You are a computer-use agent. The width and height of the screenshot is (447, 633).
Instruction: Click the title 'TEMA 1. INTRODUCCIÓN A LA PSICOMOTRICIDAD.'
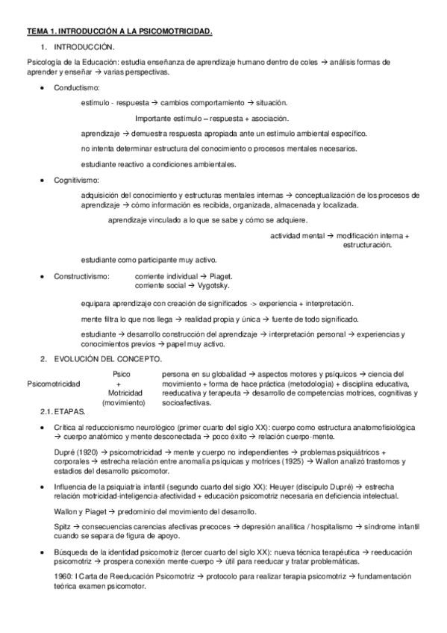click(120, 31)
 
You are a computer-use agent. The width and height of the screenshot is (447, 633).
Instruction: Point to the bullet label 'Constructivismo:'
click(81, 277)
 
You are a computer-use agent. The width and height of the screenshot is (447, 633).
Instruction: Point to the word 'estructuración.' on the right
click(367, 245)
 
